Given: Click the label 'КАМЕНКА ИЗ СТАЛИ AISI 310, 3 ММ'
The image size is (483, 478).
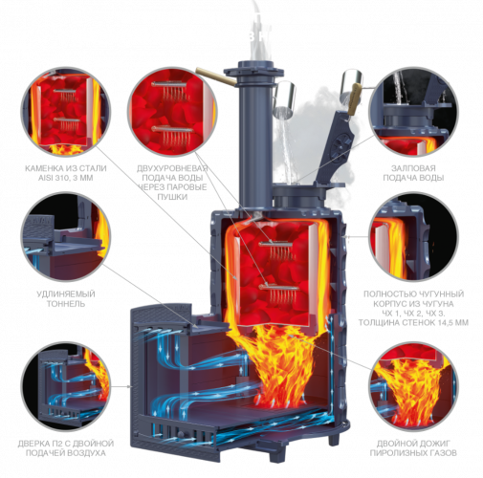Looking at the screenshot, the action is click(x=66, y=173).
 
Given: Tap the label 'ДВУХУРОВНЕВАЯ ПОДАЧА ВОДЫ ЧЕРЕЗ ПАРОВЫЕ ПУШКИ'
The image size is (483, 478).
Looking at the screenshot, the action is click(x=172, y=183).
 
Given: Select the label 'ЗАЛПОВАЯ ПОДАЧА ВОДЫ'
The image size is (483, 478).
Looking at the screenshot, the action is click(x=413, y=173).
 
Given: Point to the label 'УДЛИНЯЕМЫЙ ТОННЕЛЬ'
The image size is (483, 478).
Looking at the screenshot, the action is click(x=66, y=298).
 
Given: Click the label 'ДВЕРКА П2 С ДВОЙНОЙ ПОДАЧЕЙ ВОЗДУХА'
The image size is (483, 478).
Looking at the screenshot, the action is click(x=66, y=447).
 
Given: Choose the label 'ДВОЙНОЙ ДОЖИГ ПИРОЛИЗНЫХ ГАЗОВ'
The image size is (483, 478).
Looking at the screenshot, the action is click(x=413, y=447).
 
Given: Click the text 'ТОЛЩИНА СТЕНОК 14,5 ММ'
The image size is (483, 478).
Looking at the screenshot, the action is click(x=413, y=322).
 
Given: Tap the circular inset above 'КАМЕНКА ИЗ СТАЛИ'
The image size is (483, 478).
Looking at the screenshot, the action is click(x=66, y=111).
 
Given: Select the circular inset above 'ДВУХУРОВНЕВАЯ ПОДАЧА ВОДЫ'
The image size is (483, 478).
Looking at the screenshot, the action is click(x=172, y=111).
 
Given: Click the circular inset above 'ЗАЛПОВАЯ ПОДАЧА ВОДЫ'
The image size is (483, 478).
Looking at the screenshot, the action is click(x=413, y=111).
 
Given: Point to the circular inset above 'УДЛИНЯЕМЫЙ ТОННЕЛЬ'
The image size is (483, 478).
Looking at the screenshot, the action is click(x=66, y=236).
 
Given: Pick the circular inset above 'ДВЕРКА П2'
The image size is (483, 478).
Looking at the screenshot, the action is click(x=66, y=386).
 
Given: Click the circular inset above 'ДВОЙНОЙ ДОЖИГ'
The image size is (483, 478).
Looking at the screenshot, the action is click(x=413, y=386).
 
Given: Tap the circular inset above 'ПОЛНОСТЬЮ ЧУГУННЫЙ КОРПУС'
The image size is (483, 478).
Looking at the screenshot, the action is click(x=413, y=236).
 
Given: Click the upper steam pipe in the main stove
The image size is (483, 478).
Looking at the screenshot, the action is click(x=275, y=245).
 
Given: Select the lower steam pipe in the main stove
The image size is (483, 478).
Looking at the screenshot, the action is click(x=279, y=288).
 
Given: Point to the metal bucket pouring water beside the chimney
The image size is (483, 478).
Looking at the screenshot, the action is click(x=284, y=98).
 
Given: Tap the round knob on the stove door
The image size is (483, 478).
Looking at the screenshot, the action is click(x=181, y=435).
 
